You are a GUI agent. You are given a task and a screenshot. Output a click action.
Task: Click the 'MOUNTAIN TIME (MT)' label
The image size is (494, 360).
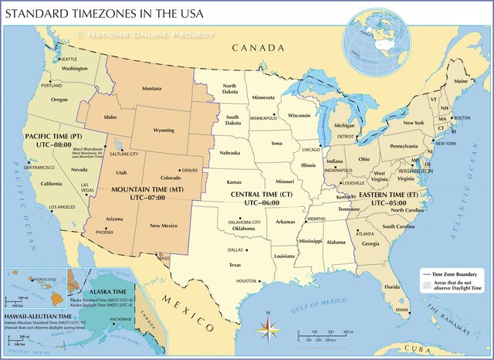click(147, 188)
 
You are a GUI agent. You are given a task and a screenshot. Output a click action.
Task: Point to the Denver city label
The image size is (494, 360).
click(189, 170)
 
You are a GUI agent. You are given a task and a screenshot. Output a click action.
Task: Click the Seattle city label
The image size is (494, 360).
click(69, 59)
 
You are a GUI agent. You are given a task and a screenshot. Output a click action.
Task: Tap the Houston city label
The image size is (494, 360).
click(246, 281)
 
